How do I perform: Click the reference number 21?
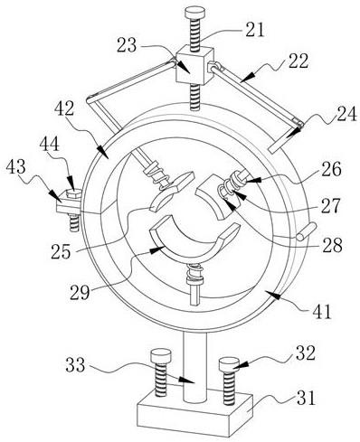(x=254, y=29)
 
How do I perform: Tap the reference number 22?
(x=298, y=61)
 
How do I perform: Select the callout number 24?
(x=346, y=114)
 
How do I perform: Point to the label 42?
(x=64, y=108)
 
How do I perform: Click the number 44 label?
(x=49, y=146)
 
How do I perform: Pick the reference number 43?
(x=16, y=166)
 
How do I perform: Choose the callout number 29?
(x=80, y=292)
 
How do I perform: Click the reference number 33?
(x=76, y=365)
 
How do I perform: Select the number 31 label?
(x=306, y=398)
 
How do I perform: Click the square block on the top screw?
(x=195, y=65)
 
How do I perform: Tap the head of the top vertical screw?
(x=194, y=14)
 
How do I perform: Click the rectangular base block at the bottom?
(x=194, y=416)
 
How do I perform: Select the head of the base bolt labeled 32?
(x=229, y=364)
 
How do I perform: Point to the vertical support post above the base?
(x=194, y=365)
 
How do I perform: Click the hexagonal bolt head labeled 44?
(x=72, y=193)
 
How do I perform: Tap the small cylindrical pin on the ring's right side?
(x=306, y=231)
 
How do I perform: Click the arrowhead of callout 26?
(x=253, y=180)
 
